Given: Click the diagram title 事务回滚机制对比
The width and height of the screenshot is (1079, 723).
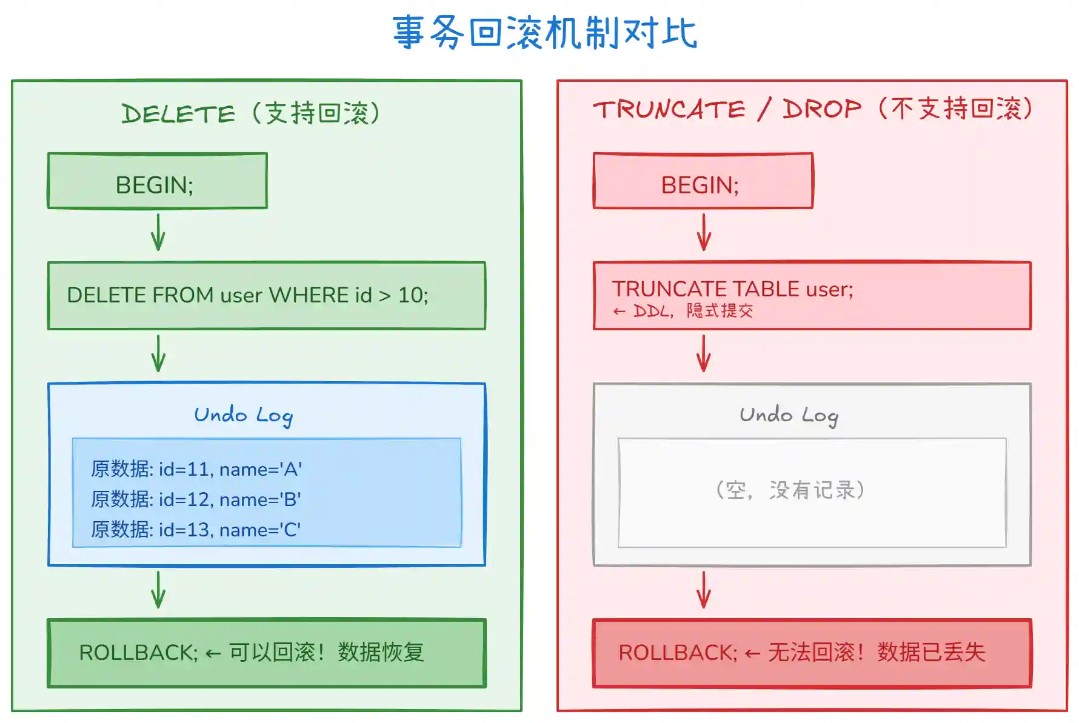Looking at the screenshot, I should click(x=544, y=33).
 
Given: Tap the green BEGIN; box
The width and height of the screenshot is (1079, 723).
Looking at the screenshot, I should click(x=157, y=181).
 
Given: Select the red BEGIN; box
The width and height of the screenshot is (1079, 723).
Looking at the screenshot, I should click(x=703, y=181).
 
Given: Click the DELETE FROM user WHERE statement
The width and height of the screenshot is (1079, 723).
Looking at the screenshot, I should click(x=247, y=295).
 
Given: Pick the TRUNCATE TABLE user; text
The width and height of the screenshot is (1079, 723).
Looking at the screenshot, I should click(x=732, y=289).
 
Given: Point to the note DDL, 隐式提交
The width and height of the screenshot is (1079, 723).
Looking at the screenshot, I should click(x=684, y=312).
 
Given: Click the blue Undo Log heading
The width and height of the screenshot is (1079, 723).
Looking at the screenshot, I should click(x=243, y=416).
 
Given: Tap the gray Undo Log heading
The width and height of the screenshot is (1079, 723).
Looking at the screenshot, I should click(x=789, y=416).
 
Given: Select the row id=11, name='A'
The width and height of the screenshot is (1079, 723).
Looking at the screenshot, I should click(x=196, y=469).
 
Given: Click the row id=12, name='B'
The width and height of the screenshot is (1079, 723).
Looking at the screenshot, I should click(x=196, y=499).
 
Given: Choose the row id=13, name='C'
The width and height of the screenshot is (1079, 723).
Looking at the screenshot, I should click(x=196, y=530).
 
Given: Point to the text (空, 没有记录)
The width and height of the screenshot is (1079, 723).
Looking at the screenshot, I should click(x=790, y=490).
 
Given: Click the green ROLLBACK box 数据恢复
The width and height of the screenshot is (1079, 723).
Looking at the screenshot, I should click(x=266, y=653).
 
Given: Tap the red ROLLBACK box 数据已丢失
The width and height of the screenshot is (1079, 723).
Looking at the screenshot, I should click(x=812, y=653).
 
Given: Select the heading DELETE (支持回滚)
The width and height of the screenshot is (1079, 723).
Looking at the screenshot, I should click(x=251, y=113).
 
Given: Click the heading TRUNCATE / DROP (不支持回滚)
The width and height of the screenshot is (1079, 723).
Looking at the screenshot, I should click(x=812, y=110).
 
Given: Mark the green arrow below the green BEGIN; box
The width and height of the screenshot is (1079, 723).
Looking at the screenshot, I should click(x=158, y=233).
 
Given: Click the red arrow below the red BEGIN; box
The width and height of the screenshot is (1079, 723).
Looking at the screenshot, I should click(x=704, y=233).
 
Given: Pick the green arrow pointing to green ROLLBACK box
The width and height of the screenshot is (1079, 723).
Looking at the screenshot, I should click(x=158, y=590).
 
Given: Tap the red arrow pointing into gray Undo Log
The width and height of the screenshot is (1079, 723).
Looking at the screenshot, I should click(x=704, y=354).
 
